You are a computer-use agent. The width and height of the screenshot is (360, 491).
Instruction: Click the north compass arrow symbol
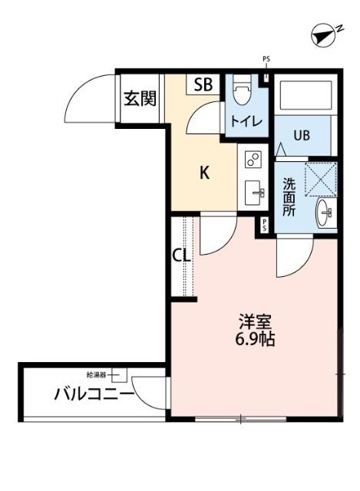coord(325,35)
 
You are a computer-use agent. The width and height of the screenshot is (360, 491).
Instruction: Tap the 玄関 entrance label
coord(140,98)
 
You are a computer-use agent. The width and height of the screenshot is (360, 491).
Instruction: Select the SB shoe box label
coord(203,84)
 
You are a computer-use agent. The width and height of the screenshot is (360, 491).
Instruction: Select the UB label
coord(301,136)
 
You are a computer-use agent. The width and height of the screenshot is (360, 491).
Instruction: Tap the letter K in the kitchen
coord(205,173)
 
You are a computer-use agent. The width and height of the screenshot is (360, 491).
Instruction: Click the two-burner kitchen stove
coord(253,160)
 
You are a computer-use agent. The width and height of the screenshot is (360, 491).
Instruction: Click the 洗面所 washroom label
coord(289,197)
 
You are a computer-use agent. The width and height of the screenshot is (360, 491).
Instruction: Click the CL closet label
coord(180,255)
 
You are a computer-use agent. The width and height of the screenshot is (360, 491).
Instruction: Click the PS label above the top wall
coord(266,58)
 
